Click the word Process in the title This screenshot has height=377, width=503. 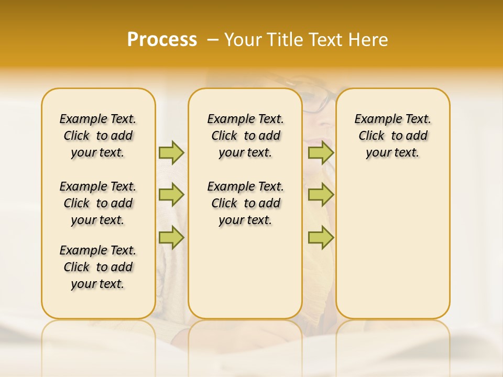coord(162,40)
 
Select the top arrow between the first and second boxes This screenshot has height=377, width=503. coord(171,152)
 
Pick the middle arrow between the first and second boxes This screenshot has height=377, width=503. coord(171,195)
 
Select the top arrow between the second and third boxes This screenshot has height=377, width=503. coord(321,152)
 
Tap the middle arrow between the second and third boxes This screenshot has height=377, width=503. coord(321,195)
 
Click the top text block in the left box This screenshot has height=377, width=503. coord(98,136)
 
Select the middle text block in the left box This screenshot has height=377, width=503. coord(98,203)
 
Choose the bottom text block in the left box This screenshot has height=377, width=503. coord(98,267)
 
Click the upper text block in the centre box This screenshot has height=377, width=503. coord(245,136)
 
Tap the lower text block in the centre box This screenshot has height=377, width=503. coord(245,203)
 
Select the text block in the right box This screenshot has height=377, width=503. coord(392,136)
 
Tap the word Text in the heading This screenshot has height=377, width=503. coord(322,40)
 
